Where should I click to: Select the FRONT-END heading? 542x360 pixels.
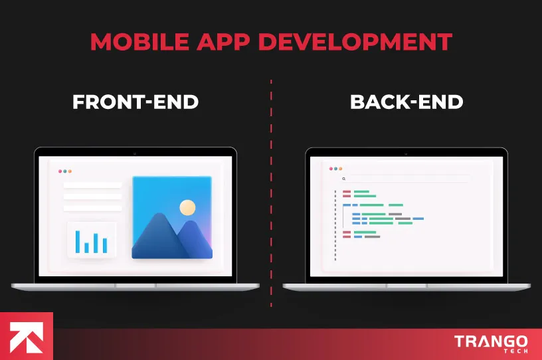135,102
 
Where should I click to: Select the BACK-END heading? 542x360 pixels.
406,102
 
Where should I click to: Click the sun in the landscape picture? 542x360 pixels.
188,208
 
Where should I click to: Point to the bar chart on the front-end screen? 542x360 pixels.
92,240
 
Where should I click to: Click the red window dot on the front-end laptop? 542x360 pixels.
60,171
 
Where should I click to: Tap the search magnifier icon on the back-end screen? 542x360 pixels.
343,179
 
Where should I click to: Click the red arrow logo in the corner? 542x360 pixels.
26,335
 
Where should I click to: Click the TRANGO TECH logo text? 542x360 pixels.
491,343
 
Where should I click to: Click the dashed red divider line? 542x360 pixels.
271,193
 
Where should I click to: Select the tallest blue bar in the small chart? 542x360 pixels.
77,241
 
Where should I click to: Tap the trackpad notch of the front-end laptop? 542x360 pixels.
135,286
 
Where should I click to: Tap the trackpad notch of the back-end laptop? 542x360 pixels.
406,286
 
